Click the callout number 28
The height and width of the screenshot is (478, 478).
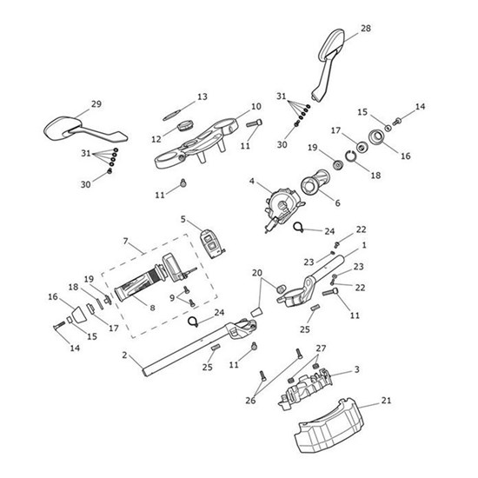click(365, 29)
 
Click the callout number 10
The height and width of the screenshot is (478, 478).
click(256, 107)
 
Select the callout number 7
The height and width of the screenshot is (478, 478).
click(126, 240)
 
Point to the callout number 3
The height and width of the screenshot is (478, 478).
click(356, 370)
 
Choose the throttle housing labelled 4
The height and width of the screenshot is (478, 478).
click(277, 205)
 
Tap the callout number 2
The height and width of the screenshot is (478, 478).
click(125, 355)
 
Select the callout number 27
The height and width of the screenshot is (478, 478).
click(297, 349)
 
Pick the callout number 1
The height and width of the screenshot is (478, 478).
click(363, 246)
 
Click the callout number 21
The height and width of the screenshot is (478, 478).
click(386, 401)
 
